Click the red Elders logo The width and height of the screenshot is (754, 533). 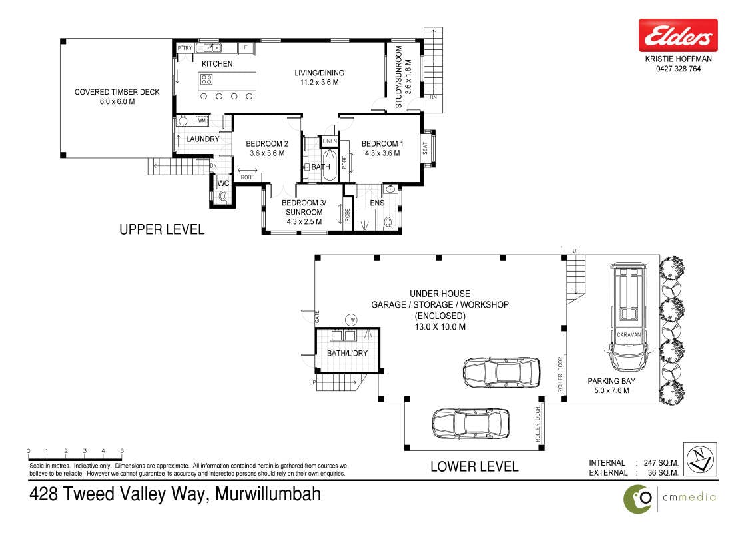click(x=678, y=35)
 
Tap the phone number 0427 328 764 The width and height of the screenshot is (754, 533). click(x=678, y=69)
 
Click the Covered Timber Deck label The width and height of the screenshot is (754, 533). click(x=117, y=97)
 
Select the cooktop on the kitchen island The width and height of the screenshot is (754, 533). click(x=206, y=79)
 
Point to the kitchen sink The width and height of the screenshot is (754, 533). click(x=212, y=47)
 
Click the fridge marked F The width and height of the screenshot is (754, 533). click(x=246, y=47)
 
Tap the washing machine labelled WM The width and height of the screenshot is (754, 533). click(x=202, y=121)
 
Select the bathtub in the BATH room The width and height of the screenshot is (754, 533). click(x=330, y=165)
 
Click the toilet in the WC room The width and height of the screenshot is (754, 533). click(x=222, y=197)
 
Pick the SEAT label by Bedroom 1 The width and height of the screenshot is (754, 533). click(x=425, y=148)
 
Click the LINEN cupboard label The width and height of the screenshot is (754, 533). click(x=330, y=141)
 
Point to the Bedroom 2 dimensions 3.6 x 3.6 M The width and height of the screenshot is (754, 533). click(x=267, y=153)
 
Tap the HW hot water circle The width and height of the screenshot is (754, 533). click(x=351, y=320)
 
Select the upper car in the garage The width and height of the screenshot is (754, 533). click(x=501, y=372)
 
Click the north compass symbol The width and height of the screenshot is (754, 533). click(x=700, y=460)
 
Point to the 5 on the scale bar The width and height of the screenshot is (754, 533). click(x=122, y=451)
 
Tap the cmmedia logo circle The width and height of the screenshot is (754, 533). click(x=638, y=499)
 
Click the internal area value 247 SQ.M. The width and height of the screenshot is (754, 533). click(x=661, y=463)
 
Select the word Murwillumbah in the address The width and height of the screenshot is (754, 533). click(x=268, y=494)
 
